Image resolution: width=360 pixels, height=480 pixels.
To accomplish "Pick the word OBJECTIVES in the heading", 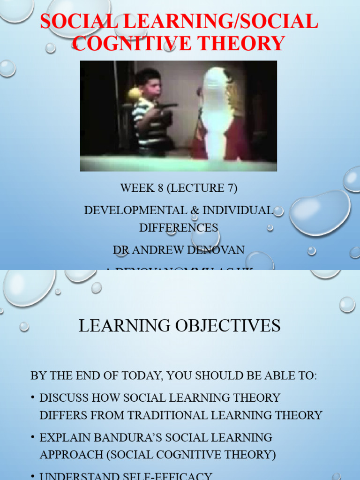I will click(x=230, y=325).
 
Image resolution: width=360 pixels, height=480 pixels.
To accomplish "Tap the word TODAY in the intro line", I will click(x=142, y=375).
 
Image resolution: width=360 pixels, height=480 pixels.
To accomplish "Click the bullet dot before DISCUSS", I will click(x=33, y=398).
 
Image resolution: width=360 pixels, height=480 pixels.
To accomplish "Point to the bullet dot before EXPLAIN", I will click(x=33, y=437).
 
